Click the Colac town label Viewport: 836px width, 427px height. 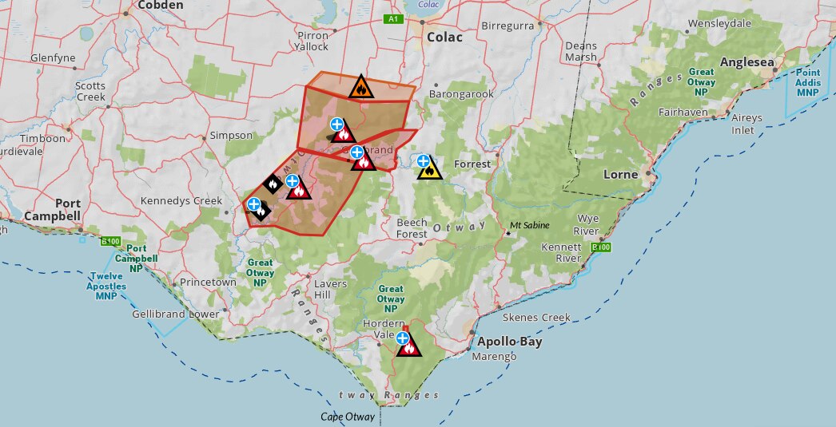tap(444, 38)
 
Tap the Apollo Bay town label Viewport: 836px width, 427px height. tap(509, 342)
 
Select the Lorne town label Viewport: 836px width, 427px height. tap(620, 174)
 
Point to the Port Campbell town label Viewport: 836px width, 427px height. tap(52, 209)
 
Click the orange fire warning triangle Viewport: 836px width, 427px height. tap(361, 86)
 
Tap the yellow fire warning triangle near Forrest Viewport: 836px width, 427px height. tap(429, 168)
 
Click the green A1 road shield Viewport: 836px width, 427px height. tap(392, 18)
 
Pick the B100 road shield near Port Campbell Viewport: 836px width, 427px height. tap(109, 240)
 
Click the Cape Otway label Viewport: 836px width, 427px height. tap(348, 417)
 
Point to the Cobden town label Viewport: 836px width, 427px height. tap(161, 5)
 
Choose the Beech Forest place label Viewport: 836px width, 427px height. tap(412, 228)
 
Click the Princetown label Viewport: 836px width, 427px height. tap(208, 283)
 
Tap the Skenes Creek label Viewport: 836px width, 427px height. tap(543, 317)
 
